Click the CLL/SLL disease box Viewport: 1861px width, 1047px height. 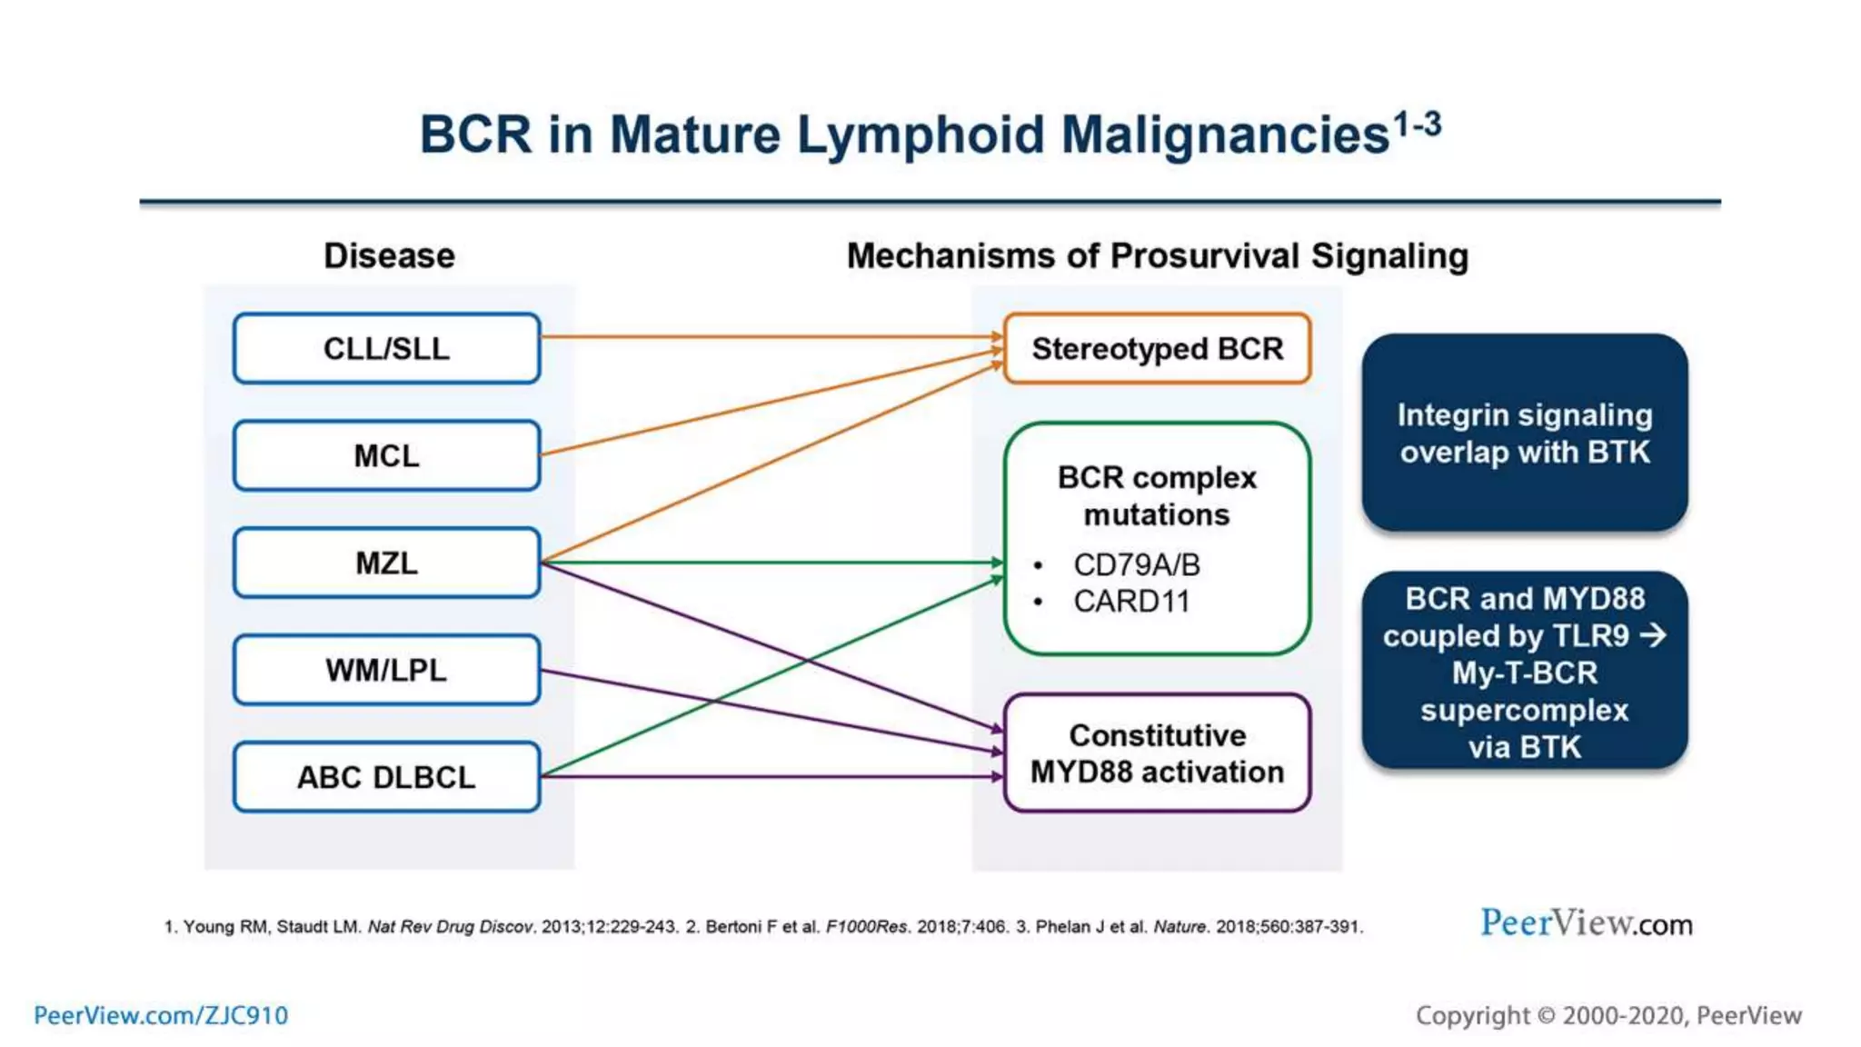[386, 349]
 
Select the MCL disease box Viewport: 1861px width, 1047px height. [386, 455]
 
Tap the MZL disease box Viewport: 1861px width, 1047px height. [386, 563]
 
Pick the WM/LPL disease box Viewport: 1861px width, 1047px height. [386, 670]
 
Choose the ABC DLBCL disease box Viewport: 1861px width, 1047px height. [386, 777]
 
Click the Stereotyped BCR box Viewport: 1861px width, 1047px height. [1157, 349]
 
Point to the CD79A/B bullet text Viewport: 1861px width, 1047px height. [1136, 564]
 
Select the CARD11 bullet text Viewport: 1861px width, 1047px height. [1131, 602]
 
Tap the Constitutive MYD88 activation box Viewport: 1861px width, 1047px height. [1157, 753]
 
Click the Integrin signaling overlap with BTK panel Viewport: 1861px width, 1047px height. [1524, 434]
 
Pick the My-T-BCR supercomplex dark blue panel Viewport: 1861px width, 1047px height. [1524, 672]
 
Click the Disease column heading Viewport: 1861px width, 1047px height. [389, 256]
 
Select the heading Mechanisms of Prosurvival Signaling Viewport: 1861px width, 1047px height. [1157, 256]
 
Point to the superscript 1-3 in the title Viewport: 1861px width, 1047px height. [1417, 124]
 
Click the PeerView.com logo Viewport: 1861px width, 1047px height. [1586, 923]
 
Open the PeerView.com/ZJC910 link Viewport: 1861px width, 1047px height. [161, 1015]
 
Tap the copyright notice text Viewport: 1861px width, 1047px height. [1607, 1015]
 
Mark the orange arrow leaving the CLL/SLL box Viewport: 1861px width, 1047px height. [772, 337]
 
